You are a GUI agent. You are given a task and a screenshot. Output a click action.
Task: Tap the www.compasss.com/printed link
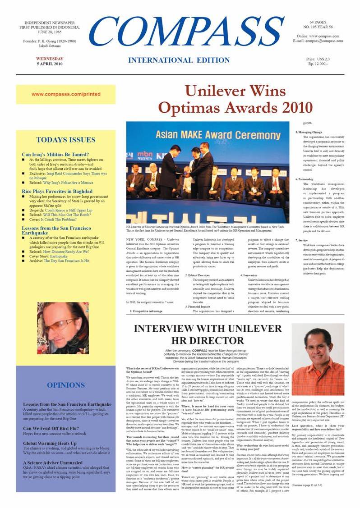coord(66,94)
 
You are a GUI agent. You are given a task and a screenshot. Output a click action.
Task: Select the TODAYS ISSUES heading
coord(66,140)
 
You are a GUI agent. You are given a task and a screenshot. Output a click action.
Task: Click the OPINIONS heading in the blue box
coord(66,385)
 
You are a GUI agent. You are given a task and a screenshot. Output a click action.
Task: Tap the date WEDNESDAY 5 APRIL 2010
coord(50,61)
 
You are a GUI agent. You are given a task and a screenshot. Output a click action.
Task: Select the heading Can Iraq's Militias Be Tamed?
coord(55,154)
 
